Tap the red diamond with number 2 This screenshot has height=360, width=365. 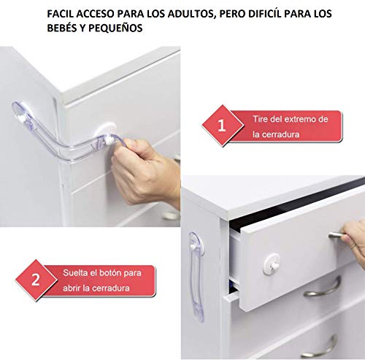pyautogui.click(x=35, y=279)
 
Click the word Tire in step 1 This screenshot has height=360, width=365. pyautogui.click(x=260, y=119)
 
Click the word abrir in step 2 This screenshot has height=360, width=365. pyautogui.click(x=74, y=288)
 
